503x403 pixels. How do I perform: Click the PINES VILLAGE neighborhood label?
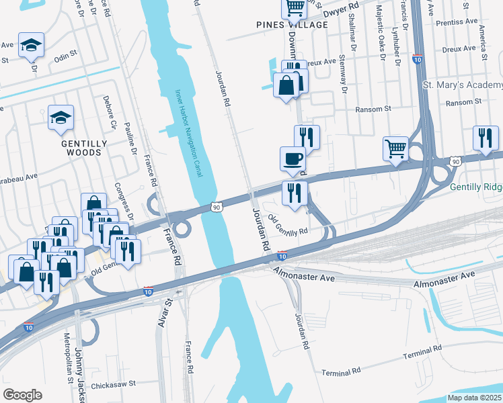pos(293,25)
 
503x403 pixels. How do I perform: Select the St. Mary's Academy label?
pos(462,85)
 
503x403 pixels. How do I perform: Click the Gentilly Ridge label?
pos(475,187)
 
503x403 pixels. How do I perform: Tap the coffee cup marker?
pos(293,159)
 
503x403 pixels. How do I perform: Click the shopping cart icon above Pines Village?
pos(295,7)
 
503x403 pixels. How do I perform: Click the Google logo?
pos(22,395)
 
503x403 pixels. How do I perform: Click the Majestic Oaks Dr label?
pos(381,34)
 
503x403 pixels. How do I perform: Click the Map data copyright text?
pos(475,397)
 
